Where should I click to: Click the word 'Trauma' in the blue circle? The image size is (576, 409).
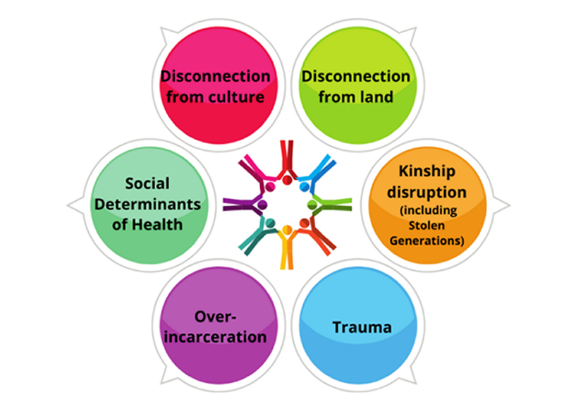[362, 327]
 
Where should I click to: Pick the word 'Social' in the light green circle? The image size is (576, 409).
[147, 183]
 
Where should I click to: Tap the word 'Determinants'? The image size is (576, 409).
[147, 204]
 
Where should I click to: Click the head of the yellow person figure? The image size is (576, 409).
[286, 230]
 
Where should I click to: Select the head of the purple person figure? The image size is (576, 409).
[262, 204]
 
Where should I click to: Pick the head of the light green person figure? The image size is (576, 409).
[312, 204]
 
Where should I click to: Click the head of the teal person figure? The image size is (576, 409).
[269, 222]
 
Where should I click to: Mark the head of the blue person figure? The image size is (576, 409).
[305, 186]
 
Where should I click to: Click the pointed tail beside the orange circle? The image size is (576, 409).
[503, 205]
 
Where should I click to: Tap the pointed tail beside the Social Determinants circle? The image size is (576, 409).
[73, 205]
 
